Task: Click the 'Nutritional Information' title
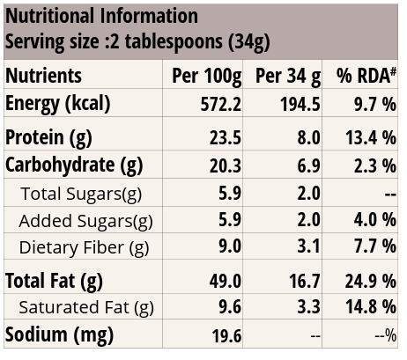(101, 16)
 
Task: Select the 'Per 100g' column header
(207, 76)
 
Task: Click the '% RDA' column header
(366, 75)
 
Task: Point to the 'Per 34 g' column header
(288, 76)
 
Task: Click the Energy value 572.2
(221, 104)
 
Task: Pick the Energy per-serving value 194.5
(300, 104)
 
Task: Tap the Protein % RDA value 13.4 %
(371, 137)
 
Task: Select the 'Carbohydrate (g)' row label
(74, 165)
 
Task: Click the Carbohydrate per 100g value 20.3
(226, 165)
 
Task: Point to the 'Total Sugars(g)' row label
(81, 195)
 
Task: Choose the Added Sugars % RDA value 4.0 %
(375, 220)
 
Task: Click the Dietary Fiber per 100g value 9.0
(230, 246)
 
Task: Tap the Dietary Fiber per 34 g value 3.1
(308, 246)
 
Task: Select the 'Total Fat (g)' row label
(54, 281)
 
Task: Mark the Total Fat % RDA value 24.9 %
(371, 281)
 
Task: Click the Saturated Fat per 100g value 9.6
(230, 307)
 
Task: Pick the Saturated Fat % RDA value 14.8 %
(371, 307)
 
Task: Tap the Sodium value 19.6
(227, 336)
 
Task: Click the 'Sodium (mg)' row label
(59, 335)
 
